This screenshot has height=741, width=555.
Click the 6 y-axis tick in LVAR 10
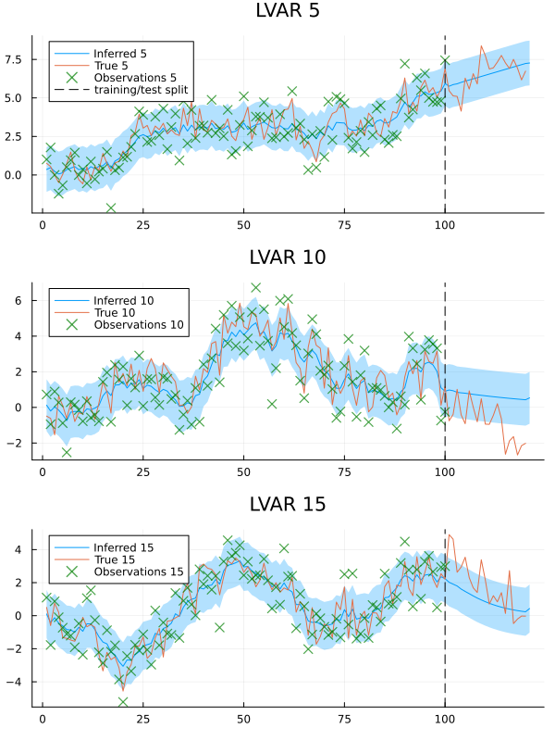pos(27,301)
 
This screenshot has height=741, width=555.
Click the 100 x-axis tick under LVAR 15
pos(445,719)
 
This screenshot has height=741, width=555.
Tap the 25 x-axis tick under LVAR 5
pos(142,224)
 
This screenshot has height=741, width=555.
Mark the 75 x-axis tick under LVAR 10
pos(344,471)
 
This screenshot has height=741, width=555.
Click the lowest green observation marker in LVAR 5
pos(111,207)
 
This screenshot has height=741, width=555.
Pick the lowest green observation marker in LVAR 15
pos(123,701)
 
